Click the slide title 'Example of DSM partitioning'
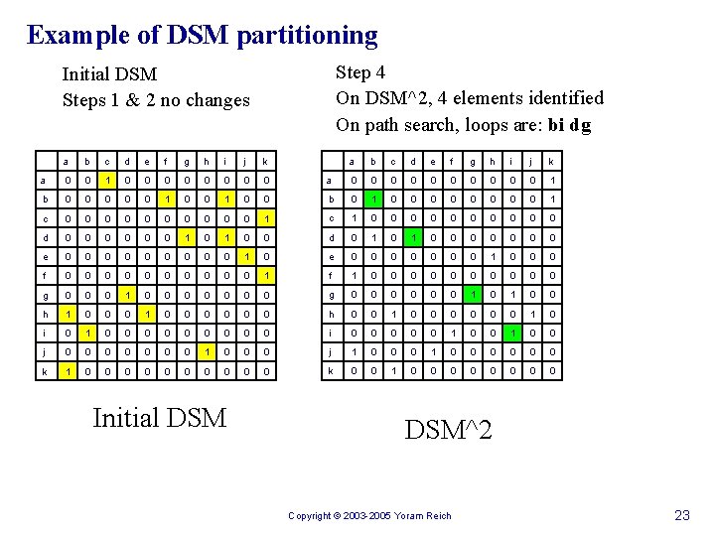pos(203,36)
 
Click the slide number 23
pos(682,514)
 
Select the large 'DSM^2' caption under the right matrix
pos(449,429)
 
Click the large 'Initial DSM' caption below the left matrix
pos(159,418)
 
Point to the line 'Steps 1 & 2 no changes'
pos(156,100)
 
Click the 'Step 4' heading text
pos(360,72)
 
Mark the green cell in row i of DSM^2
pos(512,333)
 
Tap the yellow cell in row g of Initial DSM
pos(125,295)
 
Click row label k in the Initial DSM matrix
pos(42,370)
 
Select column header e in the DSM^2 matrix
pos(434,162)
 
